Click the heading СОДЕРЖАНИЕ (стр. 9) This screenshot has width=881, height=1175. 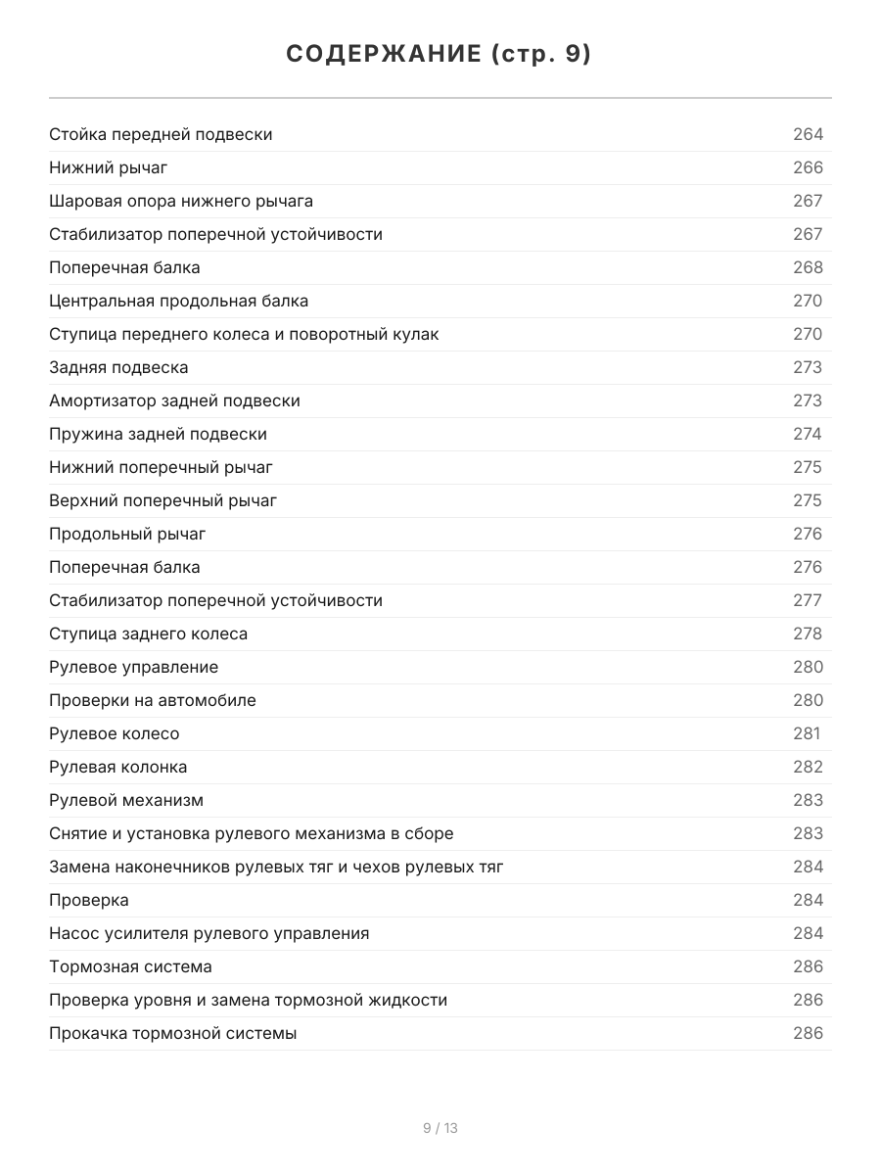440,55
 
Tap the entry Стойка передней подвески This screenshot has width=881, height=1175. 161,134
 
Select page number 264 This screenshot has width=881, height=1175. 808,134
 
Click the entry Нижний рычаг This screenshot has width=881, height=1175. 109,167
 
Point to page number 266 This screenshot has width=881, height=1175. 808,167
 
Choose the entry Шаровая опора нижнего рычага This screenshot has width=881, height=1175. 181,201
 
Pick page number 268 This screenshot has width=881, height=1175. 808,267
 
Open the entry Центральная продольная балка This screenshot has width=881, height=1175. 179,301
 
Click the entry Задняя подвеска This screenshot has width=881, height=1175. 118,367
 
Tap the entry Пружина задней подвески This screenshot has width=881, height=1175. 158,434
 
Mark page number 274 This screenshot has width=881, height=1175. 808,434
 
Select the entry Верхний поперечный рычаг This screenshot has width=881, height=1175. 163,500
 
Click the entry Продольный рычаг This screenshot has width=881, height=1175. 127,534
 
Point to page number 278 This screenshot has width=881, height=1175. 808,634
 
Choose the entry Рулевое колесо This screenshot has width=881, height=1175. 115,733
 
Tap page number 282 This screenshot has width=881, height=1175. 808,767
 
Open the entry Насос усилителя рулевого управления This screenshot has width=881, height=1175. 209,933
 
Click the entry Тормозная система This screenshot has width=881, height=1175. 130,966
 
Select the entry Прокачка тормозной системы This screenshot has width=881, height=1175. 173,1033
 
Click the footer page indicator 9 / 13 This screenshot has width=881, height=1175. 440,1128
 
